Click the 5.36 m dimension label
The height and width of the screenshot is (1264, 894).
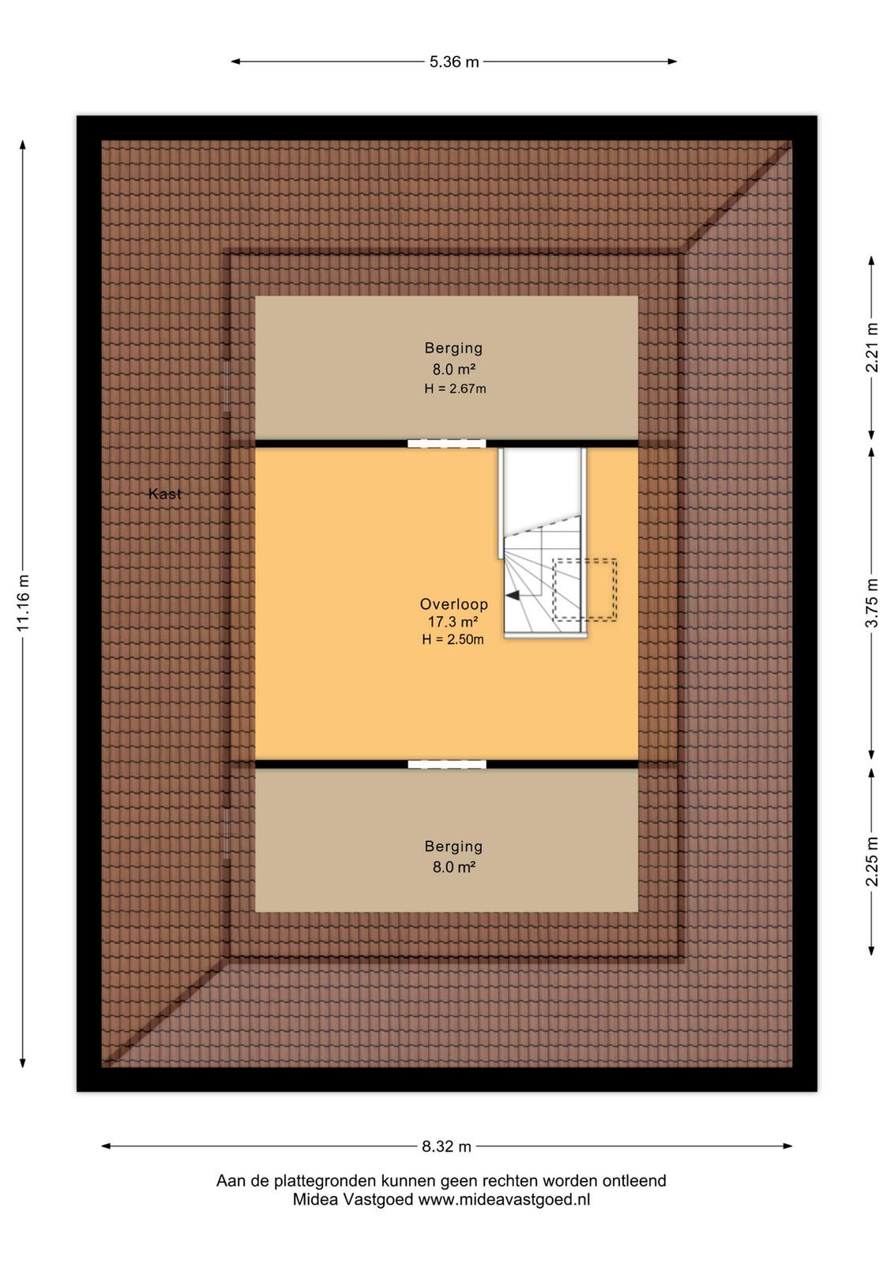[x=453, y=62]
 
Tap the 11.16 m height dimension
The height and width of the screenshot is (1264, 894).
[x=23, y=604]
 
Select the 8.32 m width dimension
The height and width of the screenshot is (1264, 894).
[x=446, y=1146]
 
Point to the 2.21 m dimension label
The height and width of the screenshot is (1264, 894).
[x=871, y=347]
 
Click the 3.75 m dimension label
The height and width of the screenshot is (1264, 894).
[x=871, y=603]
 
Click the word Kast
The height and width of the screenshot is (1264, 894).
[x=165, y=494]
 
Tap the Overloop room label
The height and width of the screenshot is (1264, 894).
[x=453, y=604]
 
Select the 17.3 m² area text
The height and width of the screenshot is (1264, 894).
[x=453, y=622]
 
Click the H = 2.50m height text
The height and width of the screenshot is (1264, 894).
[x=453, y=639]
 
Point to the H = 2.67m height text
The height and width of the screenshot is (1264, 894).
[x=455, y=388]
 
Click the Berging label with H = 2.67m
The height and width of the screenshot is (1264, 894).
[x=453, y=348]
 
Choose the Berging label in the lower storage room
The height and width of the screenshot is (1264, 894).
[x=453, y=846]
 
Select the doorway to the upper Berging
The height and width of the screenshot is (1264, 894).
[x=447, y=443]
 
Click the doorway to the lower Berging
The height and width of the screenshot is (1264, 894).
[x=447, y=765]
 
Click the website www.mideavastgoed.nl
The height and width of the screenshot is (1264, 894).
[x=504, y=1200]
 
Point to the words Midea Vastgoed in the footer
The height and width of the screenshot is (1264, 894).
[x=352, y=1200]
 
